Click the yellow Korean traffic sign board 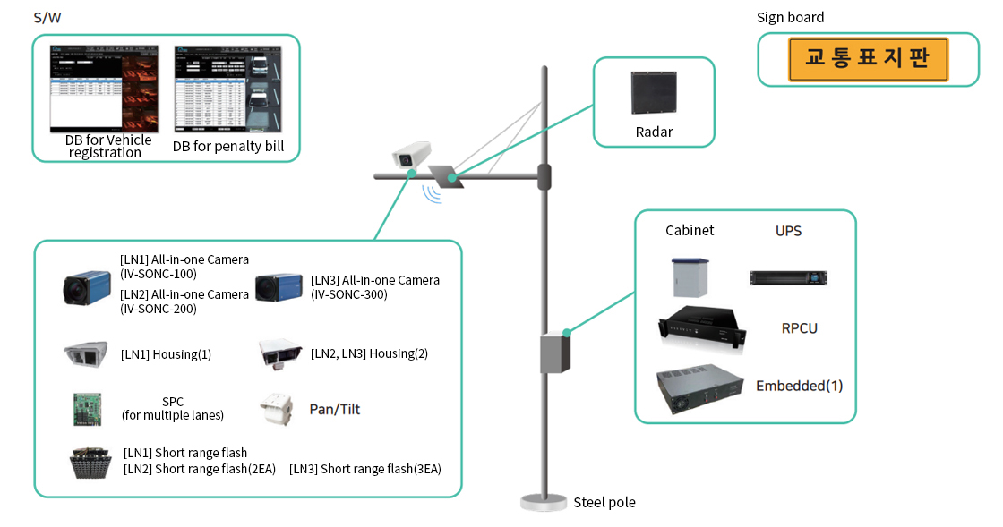867,60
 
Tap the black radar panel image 654,93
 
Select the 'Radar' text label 654,132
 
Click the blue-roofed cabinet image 690,276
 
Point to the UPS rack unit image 788,278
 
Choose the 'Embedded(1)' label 799,386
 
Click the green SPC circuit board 86,409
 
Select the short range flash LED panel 90,462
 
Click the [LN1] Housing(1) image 86,354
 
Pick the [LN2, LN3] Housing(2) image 279,353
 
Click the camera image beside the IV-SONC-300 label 277,287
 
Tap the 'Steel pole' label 604,502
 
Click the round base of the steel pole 544,502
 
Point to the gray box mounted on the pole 555,353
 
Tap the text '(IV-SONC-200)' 158,309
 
